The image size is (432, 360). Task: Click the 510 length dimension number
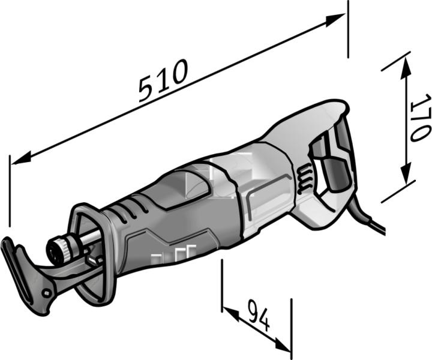pos(163,80)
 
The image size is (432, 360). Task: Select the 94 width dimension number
pos(258,316)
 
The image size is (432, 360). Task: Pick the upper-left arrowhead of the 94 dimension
pos(230,314)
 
